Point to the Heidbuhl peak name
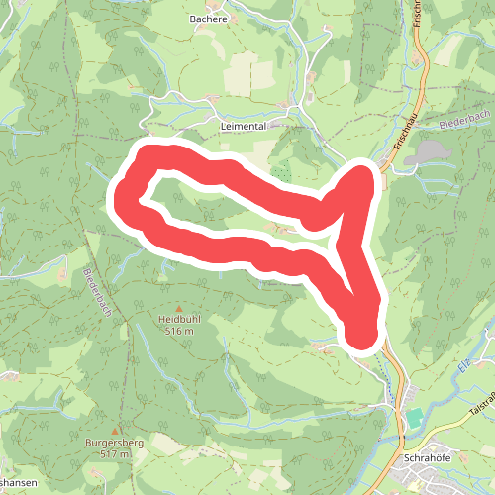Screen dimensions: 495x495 [179, 320]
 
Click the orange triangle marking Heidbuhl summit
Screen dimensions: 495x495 [179, 308]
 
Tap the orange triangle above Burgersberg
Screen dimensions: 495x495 [115, 429]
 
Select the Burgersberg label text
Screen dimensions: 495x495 [115, 442]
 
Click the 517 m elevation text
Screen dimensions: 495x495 [115, 453]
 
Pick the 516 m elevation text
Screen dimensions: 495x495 [179, 332]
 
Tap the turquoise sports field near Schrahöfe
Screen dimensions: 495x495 [414, 419]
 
